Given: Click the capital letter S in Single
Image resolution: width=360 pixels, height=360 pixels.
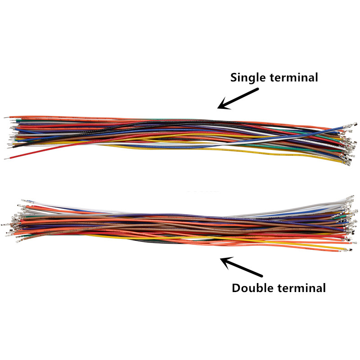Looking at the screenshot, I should (x=234, y=77).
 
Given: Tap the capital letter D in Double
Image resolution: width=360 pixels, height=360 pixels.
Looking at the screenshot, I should (x=236, y=288).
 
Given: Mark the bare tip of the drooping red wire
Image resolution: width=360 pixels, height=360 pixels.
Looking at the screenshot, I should (x=7, y=159).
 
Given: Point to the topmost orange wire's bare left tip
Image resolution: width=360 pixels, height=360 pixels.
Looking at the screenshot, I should (x=7, y=117).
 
